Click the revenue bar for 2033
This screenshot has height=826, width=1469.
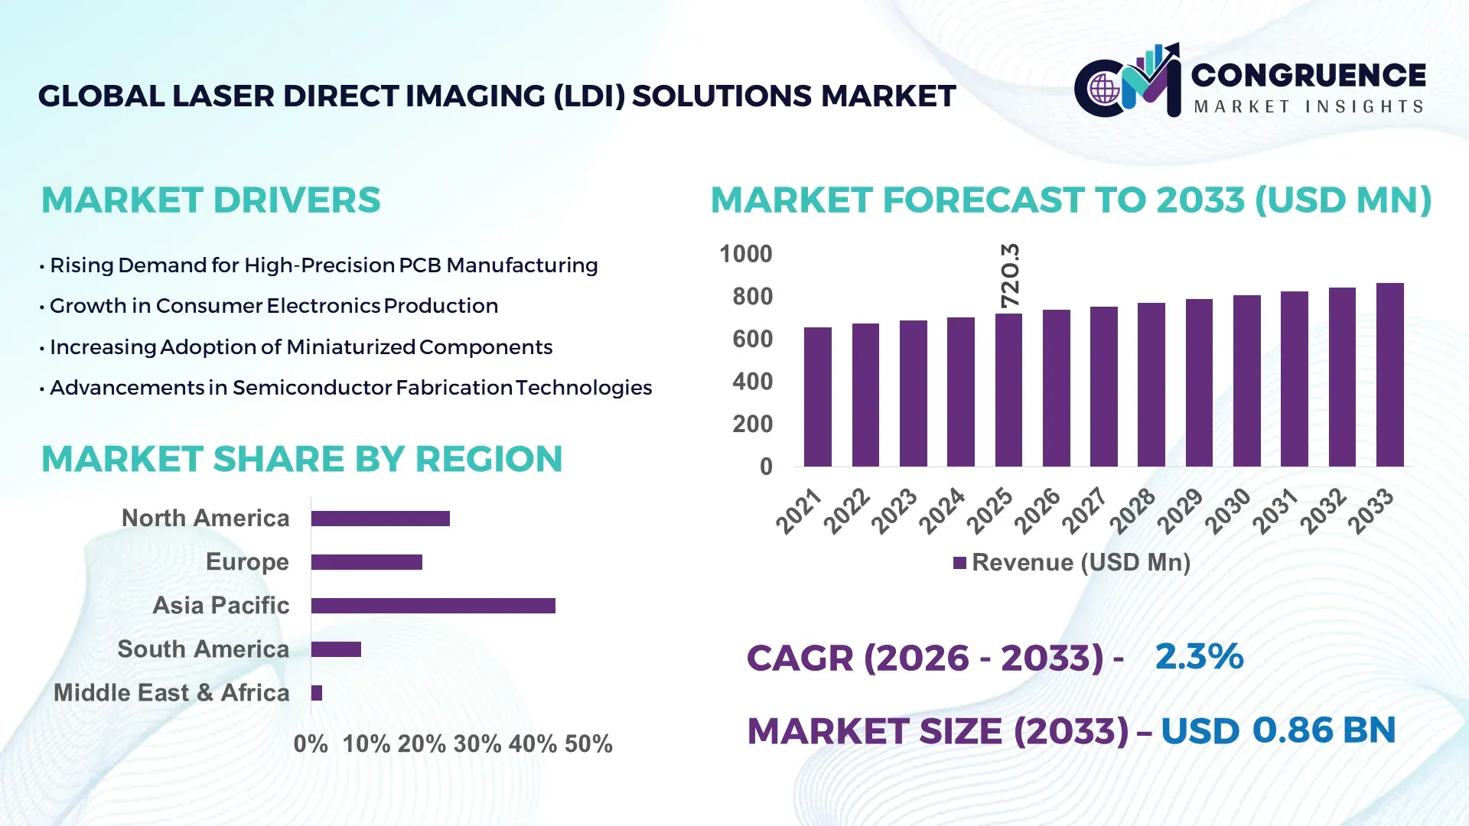1389,375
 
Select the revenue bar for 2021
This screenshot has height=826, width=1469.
817,397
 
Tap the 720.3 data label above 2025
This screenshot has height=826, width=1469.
1010,276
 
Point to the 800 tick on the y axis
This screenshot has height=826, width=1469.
752,297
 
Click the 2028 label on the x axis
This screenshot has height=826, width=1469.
1133,510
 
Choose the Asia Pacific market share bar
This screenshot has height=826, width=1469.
433,606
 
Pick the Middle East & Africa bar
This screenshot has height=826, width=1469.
317,693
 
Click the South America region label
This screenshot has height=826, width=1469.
204,649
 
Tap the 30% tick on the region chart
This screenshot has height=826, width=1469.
477,744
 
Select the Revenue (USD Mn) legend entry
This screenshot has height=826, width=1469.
1071,563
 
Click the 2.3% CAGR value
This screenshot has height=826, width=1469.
1199,656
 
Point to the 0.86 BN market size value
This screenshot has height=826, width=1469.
1324,730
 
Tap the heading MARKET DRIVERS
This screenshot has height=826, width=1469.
210,200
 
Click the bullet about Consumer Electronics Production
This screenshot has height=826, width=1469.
273,306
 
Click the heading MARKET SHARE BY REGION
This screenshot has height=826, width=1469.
301,459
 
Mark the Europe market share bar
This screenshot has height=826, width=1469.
366,562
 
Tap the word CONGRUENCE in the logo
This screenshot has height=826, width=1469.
1308,75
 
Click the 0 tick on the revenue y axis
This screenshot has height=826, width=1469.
765,467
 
